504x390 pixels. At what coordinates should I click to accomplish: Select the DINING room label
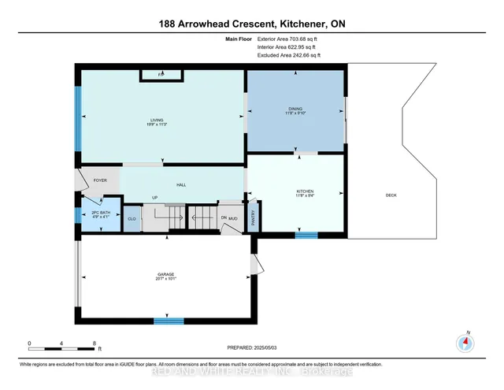[295, 110]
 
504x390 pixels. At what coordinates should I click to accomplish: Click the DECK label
[391, 195]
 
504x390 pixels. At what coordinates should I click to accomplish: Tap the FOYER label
[100, 180]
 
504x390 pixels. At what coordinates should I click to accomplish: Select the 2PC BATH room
[98, 214]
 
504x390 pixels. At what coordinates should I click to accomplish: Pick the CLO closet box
[132, 217]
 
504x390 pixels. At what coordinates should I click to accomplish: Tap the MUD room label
[234, 217]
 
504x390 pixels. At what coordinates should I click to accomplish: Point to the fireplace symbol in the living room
[161, 75]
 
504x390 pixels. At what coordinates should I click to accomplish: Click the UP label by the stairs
[155, 198]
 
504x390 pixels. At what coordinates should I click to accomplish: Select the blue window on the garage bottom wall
[169, 321]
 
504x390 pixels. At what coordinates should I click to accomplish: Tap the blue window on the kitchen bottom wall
[306, 234]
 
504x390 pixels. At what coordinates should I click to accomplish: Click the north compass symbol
[465, 343]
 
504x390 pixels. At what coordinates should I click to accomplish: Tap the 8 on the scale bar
[94, 344]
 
